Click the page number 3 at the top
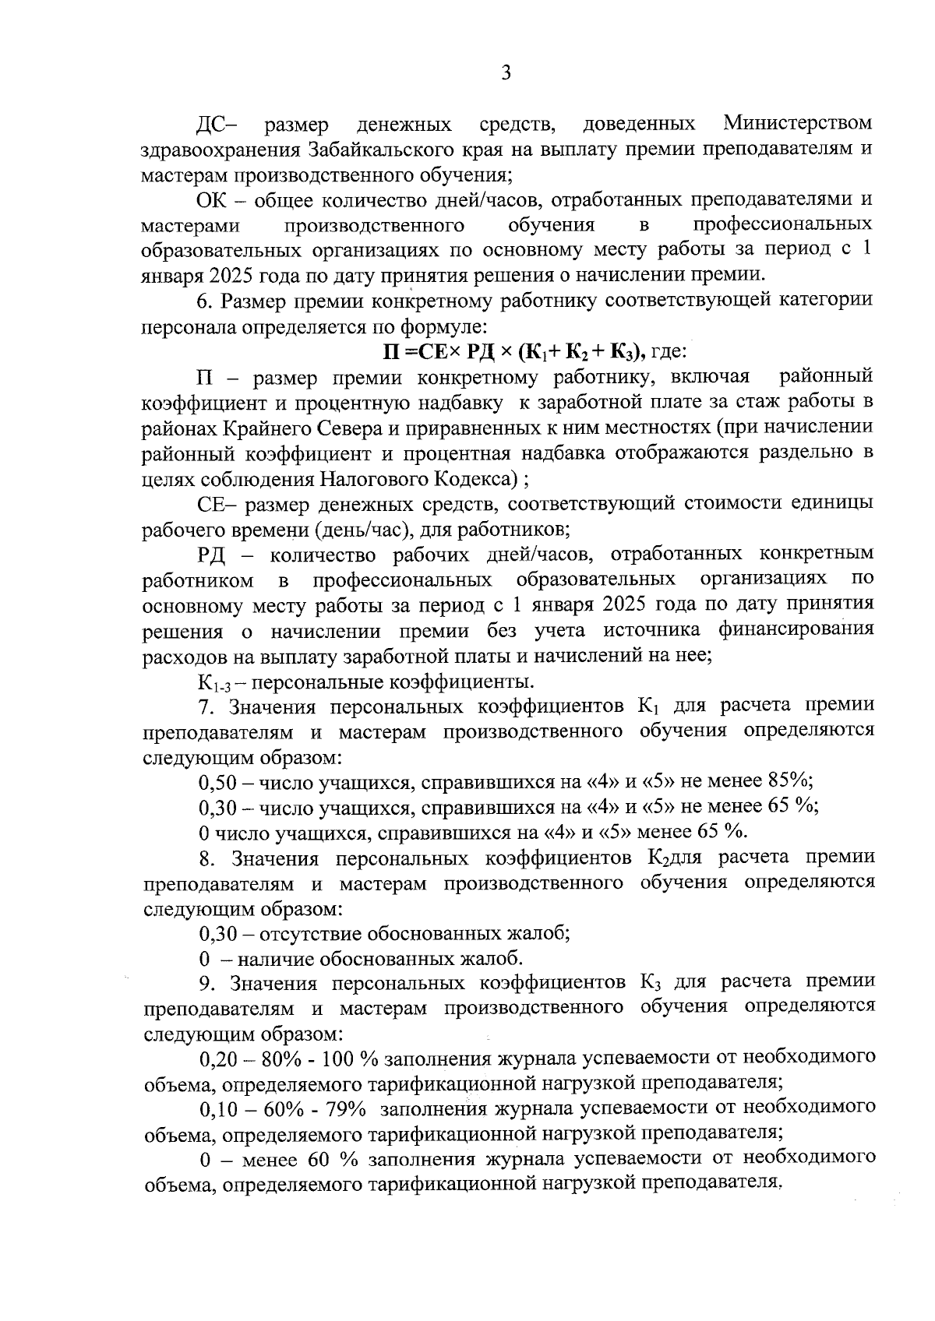pyautogui.click(x=506, y=74)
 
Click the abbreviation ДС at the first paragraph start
pyautogui.click(x=213, y=124)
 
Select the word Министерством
pyautogui.click(x=797, y=124)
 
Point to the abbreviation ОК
pyautogui.click(x=212, y=200)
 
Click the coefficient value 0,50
pyautogui.click(x=217, y=782)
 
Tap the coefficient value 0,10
pyautogui.click(x=217, y=1109)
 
